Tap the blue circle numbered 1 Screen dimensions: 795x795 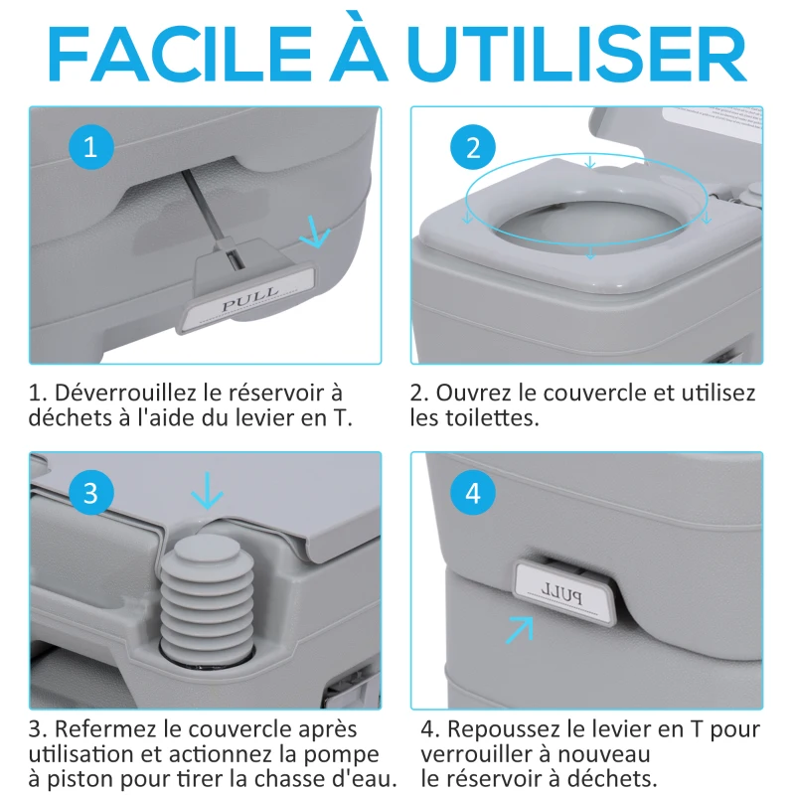(x=90, y=148)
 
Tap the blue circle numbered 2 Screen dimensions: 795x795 (x=472, y=148)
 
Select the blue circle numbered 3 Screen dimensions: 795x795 (x=90, y=494)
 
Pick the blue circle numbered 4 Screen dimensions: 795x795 (x=472, y=494)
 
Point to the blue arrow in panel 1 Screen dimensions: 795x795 (x=315, y=235)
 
